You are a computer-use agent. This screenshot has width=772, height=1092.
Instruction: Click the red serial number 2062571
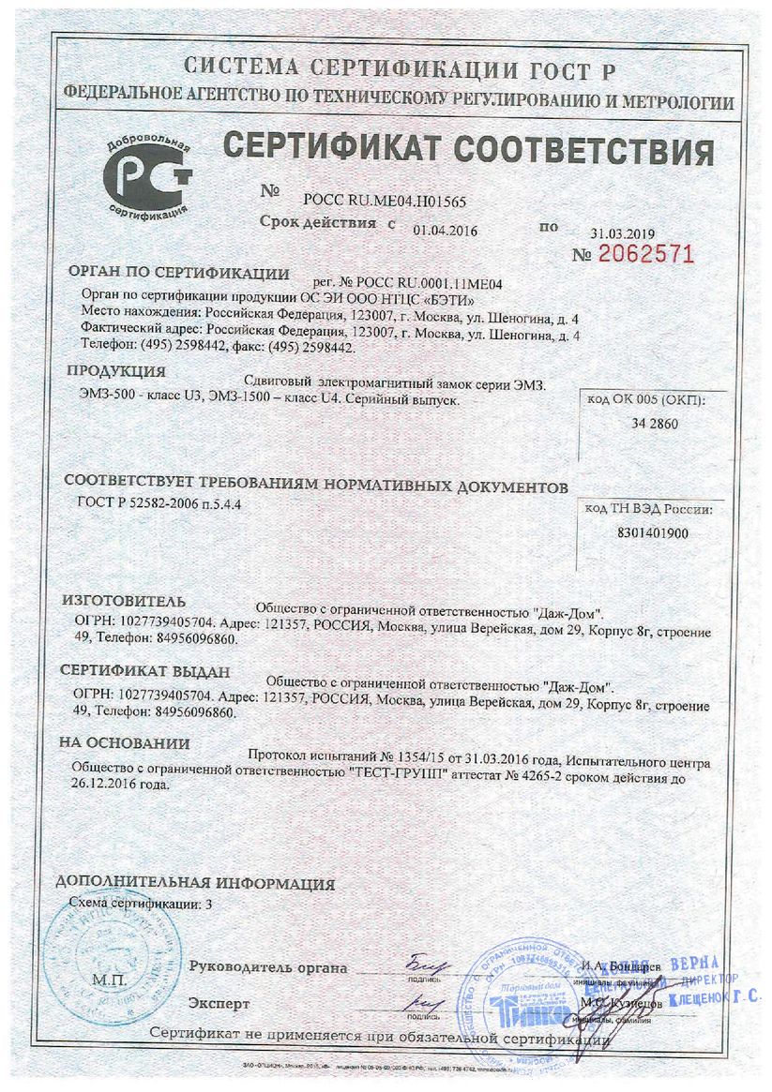[x=645, y=254]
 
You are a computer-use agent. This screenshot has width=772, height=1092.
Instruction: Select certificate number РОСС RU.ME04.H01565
[x=385, y=201]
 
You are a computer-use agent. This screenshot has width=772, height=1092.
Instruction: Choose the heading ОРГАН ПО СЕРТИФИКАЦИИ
[x=178, y=274]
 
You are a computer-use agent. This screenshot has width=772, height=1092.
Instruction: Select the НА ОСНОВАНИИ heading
[x=125, y=742]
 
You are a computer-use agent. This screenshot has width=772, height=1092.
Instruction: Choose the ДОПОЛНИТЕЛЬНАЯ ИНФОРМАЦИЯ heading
[x=195, y=883]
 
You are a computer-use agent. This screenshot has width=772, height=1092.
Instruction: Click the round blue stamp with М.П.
[x=111, y=965]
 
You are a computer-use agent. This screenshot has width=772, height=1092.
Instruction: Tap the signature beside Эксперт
[x=424, y=1003]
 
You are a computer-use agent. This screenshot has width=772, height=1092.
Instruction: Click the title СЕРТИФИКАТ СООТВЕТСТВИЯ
[x=467, y=151]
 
